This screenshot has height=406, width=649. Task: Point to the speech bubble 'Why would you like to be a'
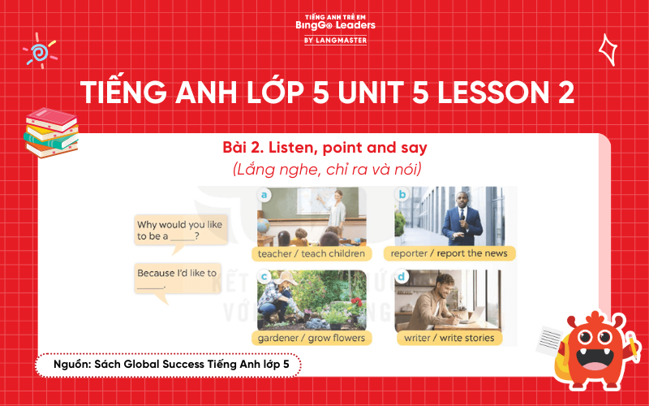tap(180, 230)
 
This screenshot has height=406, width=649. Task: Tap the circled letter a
tap(264, 194)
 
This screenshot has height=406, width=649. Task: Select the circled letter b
tap(402, 194)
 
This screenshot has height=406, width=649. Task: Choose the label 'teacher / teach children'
tap(311, 253)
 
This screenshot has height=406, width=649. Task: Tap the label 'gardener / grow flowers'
tap(311, 337)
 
